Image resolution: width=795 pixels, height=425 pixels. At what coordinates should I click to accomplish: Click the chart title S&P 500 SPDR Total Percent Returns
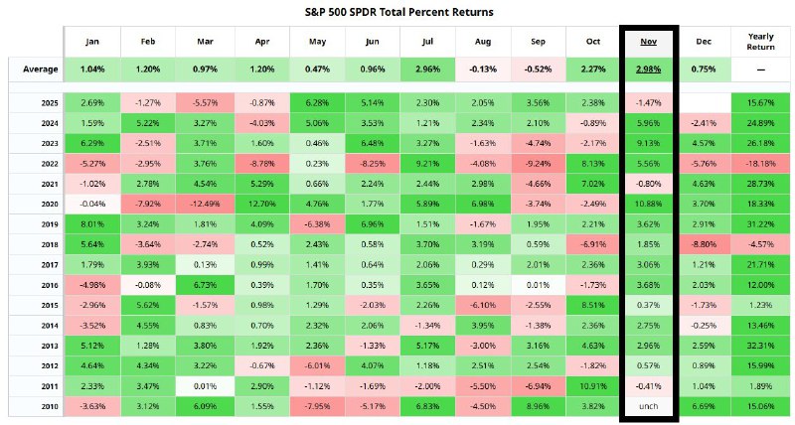pos(397,11)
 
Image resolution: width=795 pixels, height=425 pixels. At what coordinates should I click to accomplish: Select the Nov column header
pos(649,43)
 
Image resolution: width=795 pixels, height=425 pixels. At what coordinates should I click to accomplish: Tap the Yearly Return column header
pos(760,43)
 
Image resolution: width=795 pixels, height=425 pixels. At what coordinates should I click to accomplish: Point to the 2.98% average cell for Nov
pos(649,71)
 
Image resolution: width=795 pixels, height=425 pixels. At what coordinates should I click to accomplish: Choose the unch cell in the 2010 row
pos(649,405)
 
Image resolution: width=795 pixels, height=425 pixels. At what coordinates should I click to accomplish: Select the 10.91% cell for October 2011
pos(592,385)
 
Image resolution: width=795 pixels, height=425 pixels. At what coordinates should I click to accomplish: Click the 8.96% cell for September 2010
pos(537,405)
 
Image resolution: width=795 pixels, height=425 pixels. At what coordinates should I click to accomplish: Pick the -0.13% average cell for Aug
pos(481,71)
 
